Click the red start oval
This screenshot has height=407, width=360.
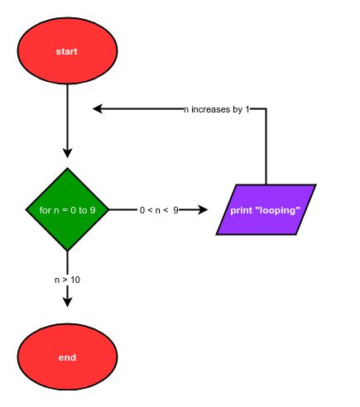click(67, 51)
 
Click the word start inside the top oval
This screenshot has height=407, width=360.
click(67, 51)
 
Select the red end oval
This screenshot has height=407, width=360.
click(67, 357)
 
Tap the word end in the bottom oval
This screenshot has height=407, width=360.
click(67, 357)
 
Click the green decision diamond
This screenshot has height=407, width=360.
click(67, 209)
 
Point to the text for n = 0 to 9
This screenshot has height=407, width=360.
click(67, 210)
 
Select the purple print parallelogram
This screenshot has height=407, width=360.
click(266, 209)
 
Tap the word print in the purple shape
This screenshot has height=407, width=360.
click(244, 210)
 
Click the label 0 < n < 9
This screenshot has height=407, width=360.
click(159, 210)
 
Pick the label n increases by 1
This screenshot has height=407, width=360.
click(216, 109)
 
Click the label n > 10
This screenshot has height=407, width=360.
click(67, 280)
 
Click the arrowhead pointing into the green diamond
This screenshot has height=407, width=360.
click(67, 153)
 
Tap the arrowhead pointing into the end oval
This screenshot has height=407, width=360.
click(67, 301)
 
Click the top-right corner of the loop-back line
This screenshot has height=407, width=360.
click(266, 108)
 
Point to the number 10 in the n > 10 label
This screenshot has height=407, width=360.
click(74, 280)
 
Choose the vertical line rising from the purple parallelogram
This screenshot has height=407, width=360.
click(266, 149)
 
